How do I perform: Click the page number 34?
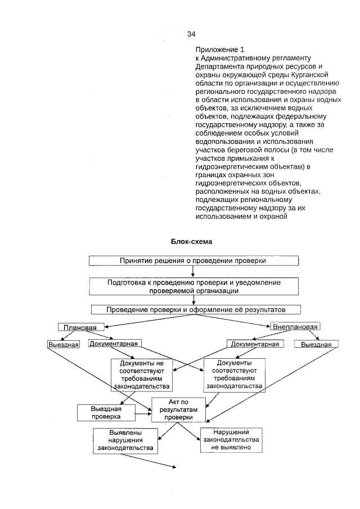191,34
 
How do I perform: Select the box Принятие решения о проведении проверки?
192,261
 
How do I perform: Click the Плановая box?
81,327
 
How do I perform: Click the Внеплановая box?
295,327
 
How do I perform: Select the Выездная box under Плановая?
62,344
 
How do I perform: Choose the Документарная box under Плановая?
113,343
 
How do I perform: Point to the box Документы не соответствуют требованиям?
141,374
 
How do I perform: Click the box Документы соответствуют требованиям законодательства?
234,375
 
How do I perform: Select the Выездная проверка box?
106,413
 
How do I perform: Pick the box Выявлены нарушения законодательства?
125,440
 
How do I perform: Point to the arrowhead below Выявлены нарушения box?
174,466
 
